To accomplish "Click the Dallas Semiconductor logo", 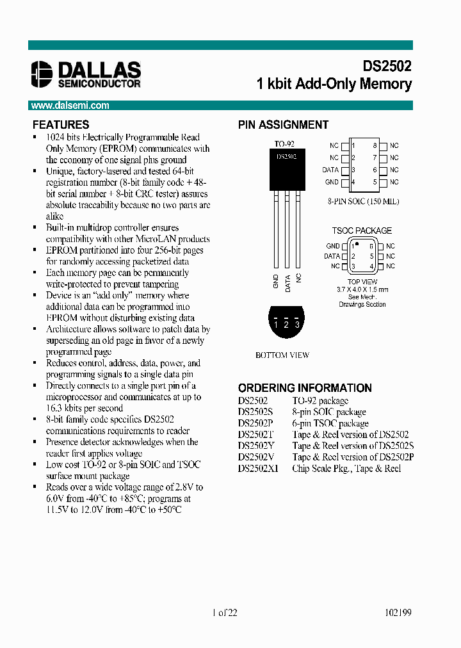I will click(86, 74).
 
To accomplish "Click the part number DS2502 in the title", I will click(387, 67).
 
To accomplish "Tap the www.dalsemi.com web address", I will click(70, 106).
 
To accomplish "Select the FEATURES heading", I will click(61, 125).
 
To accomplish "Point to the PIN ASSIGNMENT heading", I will click(283, 125).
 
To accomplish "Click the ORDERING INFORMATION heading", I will click(305, 388).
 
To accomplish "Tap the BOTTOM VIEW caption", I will click(282, 355).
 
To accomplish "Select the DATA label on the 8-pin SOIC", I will click(330, 170).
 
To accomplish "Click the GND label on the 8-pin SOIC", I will click(332, 182).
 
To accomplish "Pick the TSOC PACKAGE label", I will click(362, 231).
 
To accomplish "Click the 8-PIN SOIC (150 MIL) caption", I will click(362, 201).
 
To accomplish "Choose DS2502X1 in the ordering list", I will click(259, 469).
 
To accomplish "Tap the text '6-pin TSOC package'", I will click(330, 423).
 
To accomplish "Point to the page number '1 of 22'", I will click(224, 613).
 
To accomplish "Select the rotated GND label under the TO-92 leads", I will click(276, 282).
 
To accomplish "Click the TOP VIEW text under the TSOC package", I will click(362, 282).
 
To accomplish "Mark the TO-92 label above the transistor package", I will click(284, 144).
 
